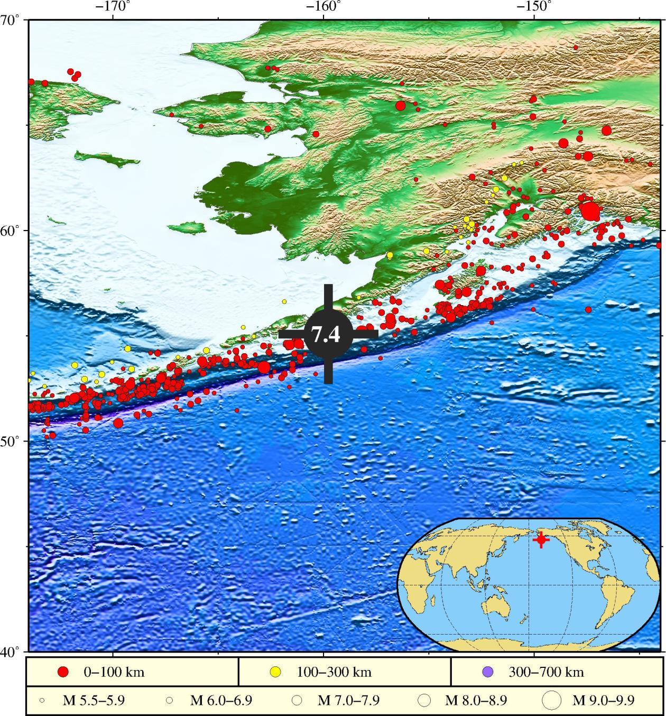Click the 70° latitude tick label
pyautogui.click(x=13, y=21)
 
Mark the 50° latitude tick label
pyautogui.click(x=13, y=440)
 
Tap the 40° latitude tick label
pyautogui.click(x=13, y=651)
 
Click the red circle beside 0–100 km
pyautogui.click(x=63, y=672)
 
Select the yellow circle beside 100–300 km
pyautogui.click(x=275, y=672)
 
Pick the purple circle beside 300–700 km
pyautogui.click(x=488, y=672)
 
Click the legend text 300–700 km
pyautogui.click(x=546, y=673)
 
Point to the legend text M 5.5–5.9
pyautogui.click(x=94, y=701)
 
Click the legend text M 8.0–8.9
pyautogui.click(x=476, y=701)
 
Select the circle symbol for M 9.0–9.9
pyautogui.click(x=552, y=701)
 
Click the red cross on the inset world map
pyautogui.click(x=540, y=540)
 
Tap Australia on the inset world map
pyautogui.click(x=499, y=601)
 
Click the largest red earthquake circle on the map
pyautogui.click(x=590, y=211)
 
